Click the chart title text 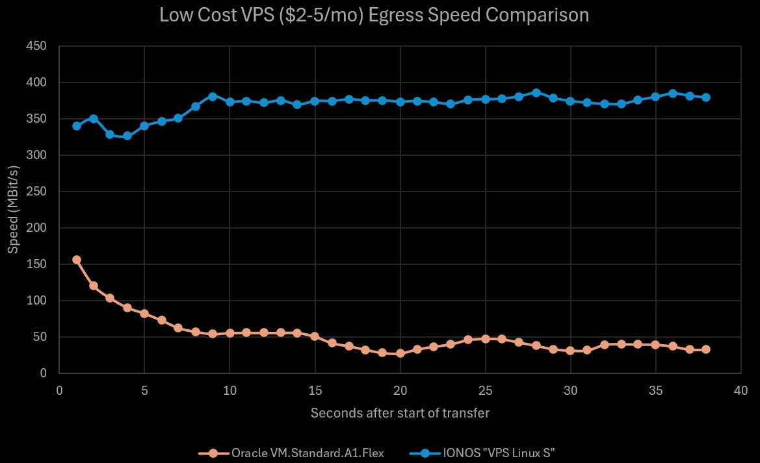coord(374,15)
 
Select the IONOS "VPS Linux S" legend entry coord(492,453)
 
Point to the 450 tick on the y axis coord(37,46)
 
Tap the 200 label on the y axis coord(37,228)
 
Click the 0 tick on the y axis coord(43,373)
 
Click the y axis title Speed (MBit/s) coord(13,210)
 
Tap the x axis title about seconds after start coord(400,413)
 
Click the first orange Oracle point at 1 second coord(77,260)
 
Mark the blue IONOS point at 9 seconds coord(213,96)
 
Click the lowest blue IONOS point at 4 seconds coord(127,136)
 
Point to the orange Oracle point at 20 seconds coord(400,353)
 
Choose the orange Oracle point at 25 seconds coord(486,339)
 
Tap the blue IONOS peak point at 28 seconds coord(536,93)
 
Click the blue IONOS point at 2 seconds coord(94,119)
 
